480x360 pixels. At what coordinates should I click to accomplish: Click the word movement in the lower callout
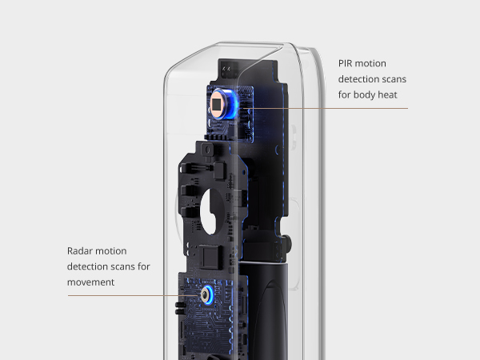(91, 282)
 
